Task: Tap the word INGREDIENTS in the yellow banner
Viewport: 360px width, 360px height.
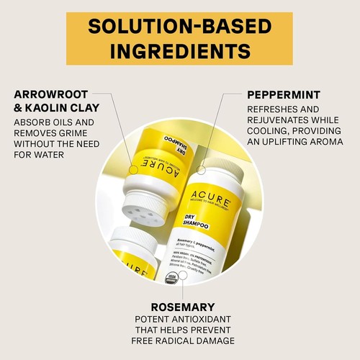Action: pyautogui.click(x=179, y=51)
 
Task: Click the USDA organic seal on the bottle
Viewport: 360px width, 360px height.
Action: pyautogui.click(x=171, y=277)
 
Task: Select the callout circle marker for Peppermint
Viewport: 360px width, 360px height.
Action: pyautogui.click(x=201, y=170)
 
